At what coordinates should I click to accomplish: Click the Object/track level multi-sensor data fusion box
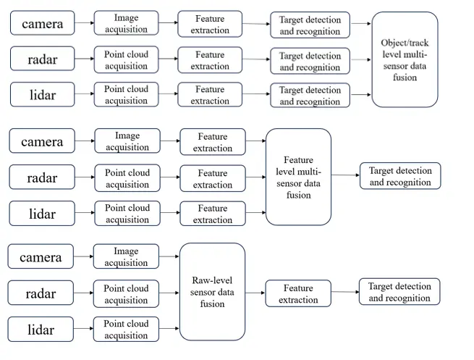click(x=405, y=59)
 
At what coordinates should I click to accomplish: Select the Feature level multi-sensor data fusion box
click(x=298, y=177)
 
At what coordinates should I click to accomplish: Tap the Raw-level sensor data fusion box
click(x=212, y=292)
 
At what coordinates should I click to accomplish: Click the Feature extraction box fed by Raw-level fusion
click(x=298, y=293)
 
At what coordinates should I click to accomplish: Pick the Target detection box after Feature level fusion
click(x=400, y=176)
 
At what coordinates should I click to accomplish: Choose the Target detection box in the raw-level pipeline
click(x=399, y=292)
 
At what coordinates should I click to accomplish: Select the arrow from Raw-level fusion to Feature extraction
click(x=255, y=293)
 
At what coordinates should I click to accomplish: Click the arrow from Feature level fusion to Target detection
click(x=345, y=175)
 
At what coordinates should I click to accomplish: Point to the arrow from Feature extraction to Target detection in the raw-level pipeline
click(x=345, y=292)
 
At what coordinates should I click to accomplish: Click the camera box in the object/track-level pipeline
click(x=42, y=23)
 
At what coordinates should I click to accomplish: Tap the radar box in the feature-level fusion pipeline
click(x=42, y=177)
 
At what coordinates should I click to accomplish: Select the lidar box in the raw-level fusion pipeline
click(x=41, y=329)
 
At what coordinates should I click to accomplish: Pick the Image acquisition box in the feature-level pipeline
click(x=127, y=141)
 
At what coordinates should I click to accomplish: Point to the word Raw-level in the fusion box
click(x=212, y=280)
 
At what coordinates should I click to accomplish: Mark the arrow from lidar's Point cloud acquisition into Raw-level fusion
click(x=169, y=329)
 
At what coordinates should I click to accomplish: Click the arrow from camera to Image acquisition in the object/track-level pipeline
click(x=85, y=22)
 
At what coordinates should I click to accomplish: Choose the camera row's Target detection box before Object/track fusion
click(x=310, y=25)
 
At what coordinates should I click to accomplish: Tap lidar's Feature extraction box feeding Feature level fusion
click(x=213, y=214)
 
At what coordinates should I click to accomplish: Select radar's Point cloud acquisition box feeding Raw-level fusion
click(x=126, y=294)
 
